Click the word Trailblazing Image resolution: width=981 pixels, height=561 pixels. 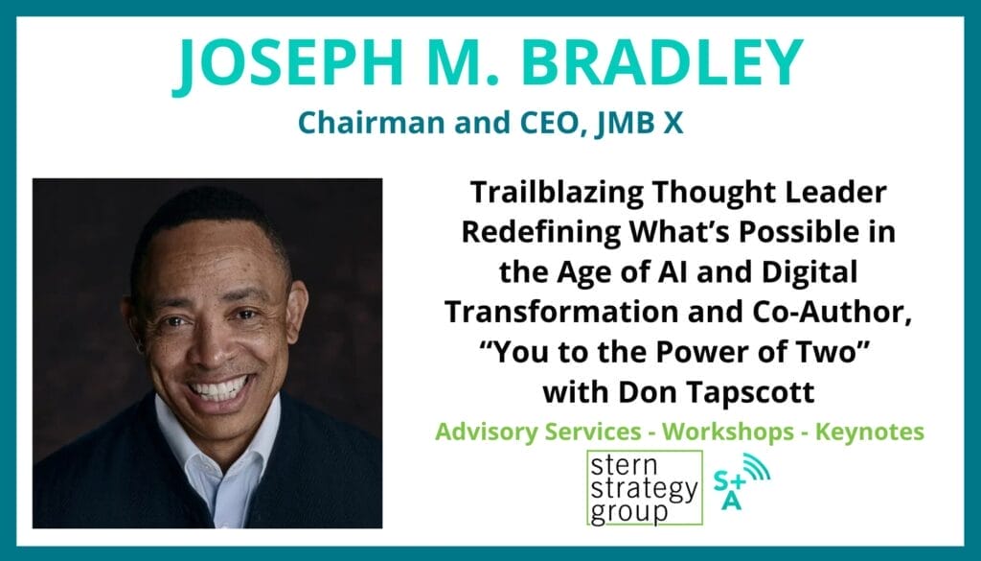[557, 193]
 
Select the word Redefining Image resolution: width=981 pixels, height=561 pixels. [541, 232]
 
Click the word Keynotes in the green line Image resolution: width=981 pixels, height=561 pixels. [870, 432]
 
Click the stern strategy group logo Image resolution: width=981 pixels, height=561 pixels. [645, 488]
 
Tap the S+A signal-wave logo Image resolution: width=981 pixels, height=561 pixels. [741, 480]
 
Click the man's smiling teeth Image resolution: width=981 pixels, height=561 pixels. [219, 387]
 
